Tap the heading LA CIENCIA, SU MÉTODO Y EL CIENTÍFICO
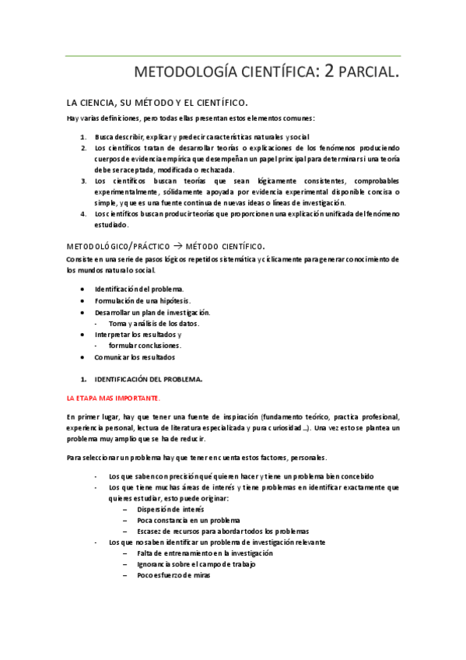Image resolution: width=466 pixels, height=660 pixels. point(157,102)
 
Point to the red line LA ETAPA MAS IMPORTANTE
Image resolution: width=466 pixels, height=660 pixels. point(113,398)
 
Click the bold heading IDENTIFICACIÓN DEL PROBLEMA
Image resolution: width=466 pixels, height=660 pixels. point(148,379)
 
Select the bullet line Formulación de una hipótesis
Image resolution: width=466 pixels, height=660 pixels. point(142,300)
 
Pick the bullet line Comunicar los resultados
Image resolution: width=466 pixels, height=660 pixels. point(135,357)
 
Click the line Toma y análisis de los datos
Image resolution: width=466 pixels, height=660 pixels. point(154,323)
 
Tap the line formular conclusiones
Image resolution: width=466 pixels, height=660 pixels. point(145,346)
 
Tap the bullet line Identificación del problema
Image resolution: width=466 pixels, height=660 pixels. point(139,290)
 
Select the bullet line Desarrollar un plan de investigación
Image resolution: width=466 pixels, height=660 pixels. point(152,312)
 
